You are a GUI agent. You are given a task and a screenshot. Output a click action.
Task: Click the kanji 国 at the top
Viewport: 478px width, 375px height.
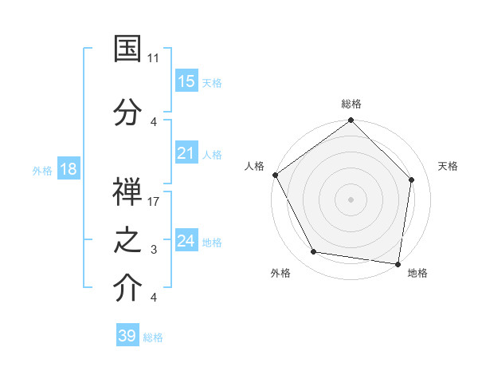[x=127, y=49]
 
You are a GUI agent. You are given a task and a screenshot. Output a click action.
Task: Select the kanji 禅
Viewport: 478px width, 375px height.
[x=127, y=191]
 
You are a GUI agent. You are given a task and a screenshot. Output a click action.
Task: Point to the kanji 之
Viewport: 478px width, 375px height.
[x=127, y=241]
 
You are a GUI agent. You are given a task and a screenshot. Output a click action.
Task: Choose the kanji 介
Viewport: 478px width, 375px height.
[x=127, y=289]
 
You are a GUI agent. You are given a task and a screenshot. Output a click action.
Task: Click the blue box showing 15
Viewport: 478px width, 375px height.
[x=186, y=81]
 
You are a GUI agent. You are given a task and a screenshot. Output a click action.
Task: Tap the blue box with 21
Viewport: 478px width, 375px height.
[x=186, y=153]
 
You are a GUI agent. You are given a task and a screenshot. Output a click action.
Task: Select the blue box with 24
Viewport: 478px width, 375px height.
[x=186, y=241]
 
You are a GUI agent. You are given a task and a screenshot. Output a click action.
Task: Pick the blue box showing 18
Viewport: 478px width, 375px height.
[x=69, y=169]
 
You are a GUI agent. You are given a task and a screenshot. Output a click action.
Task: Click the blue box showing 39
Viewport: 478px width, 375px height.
[x=127, y=336]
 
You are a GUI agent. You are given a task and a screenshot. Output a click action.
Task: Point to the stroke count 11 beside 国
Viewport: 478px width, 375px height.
[x=154, y=58]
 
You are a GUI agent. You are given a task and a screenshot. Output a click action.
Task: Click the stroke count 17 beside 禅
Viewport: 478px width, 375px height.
[x=154, y=202]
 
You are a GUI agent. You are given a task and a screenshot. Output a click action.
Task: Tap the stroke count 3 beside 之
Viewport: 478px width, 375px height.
[x=154, y=250]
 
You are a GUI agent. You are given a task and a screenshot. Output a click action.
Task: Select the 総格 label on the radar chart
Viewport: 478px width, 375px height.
[x=351, y=104]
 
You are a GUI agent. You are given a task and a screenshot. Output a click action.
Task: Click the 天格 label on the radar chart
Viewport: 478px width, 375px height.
[x=448, y=166]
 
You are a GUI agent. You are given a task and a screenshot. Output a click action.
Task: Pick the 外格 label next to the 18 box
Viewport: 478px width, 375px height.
[x=42, y=170]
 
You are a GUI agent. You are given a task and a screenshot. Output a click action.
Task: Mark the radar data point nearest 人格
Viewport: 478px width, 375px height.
[x=275, y=175]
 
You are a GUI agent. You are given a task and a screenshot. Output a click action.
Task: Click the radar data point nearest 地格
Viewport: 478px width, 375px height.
[x=398, y=263]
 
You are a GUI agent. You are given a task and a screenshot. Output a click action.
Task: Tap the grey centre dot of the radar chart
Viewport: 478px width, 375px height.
[x=351, y=199]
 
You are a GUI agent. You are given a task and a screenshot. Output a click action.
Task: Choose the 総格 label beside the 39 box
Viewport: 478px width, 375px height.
[x=153, y=337]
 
